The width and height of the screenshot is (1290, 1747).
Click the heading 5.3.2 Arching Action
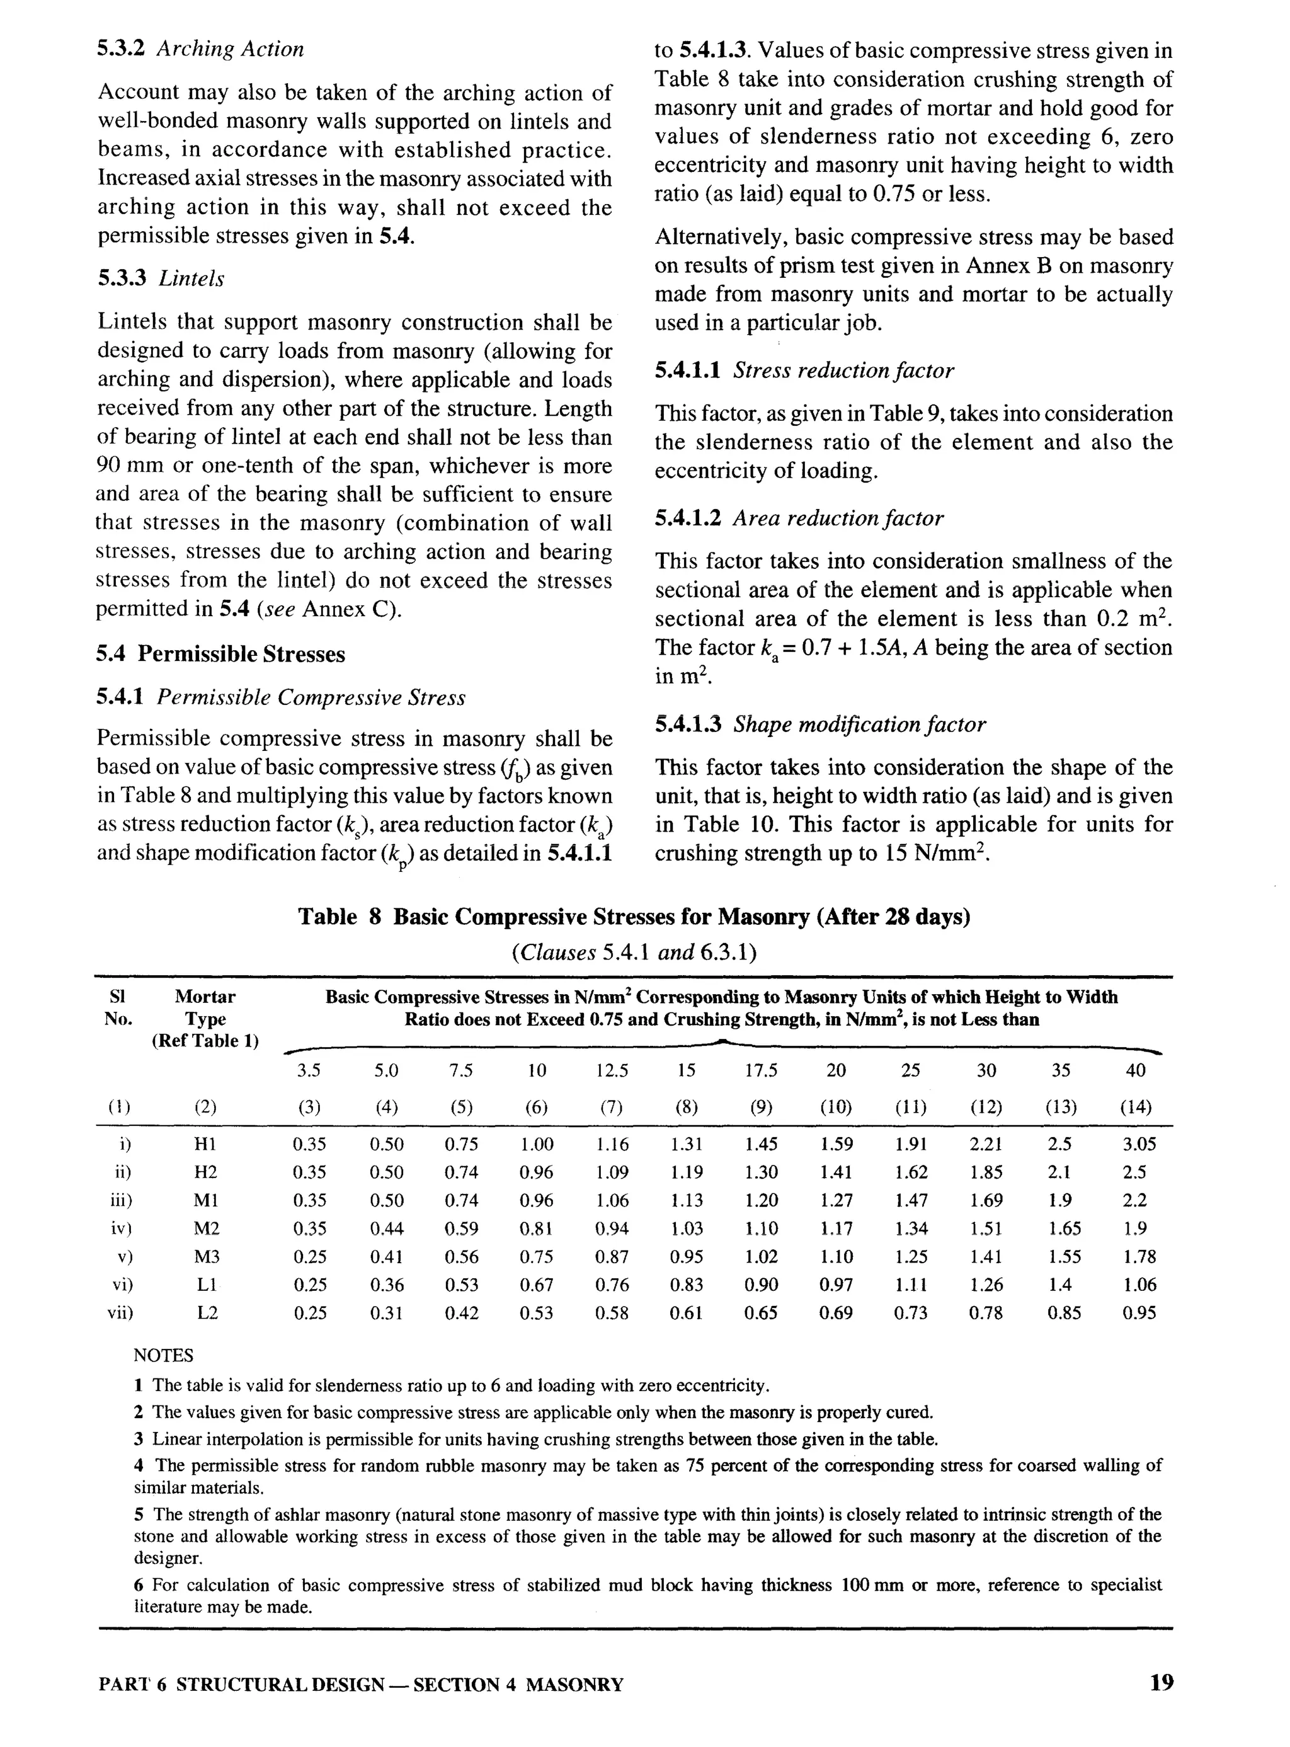pyautogui.click(x=200, y=49)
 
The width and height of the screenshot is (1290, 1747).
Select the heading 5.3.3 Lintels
pyautogui.click(x=160, y=279)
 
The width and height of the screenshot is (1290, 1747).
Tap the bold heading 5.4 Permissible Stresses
pyautogui.click(x=220, y=654)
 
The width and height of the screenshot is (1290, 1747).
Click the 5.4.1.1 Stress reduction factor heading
pyautogui.click(x=804, y=370)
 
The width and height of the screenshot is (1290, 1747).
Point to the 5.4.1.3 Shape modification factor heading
pyautogui.click(x=820, y=725)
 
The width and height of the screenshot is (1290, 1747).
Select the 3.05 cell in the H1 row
pyautogui.click(x=1138, y=1145)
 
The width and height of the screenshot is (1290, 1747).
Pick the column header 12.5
pyautogui.click(x=612, y=1071)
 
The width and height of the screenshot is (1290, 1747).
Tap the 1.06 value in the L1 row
pyautogui.click(x=1138, y=1285)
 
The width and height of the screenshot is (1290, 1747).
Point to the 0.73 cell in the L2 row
pyautogui.click(x=911, y=1314)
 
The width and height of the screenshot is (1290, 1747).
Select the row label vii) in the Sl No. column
pyautogui.click(x=120, y=1314)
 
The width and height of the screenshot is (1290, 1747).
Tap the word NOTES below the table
pyautogui.click(x=163, y=1356)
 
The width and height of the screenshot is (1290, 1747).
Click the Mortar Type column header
pyautogui.click(x=205, y=1018)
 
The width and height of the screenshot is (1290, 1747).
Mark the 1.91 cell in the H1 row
pyautogui.click(x=911, y=1145)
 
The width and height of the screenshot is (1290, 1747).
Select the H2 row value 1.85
pyautogui.click(x=986, y=1173)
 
